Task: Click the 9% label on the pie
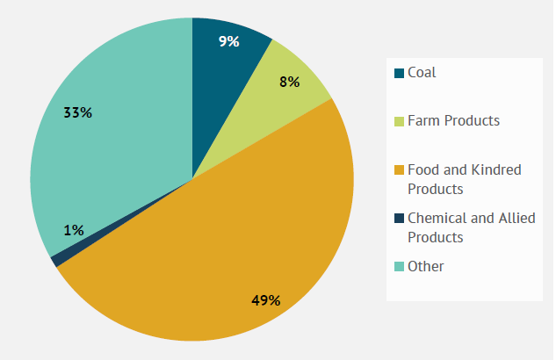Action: [228, 41]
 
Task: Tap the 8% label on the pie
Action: [290, 82]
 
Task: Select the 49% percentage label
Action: [265, 300]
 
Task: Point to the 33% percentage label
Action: [78, 112]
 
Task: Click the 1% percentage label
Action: [74, 230]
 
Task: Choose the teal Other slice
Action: [114, 158]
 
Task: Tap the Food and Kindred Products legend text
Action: [464, 179]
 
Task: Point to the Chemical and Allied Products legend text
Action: [471, 227]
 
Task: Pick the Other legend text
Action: [426, 266]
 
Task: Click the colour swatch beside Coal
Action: [399, 73]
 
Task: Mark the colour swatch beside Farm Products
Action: [399, 121]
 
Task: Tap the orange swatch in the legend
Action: [399, 170]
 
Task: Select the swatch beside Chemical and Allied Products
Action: [399, 219]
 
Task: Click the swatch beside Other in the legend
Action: [399, 267]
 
